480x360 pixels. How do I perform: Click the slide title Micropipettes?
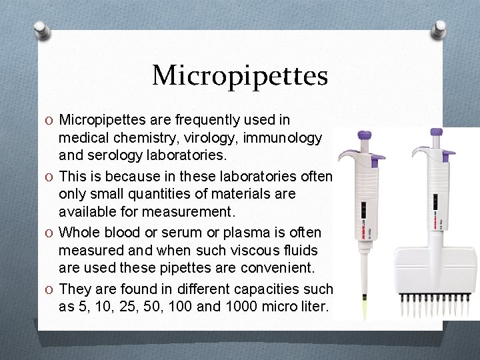(x=240, y=75)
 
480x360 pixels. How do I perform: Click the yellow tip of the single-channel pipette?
(x=365, y=308)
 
